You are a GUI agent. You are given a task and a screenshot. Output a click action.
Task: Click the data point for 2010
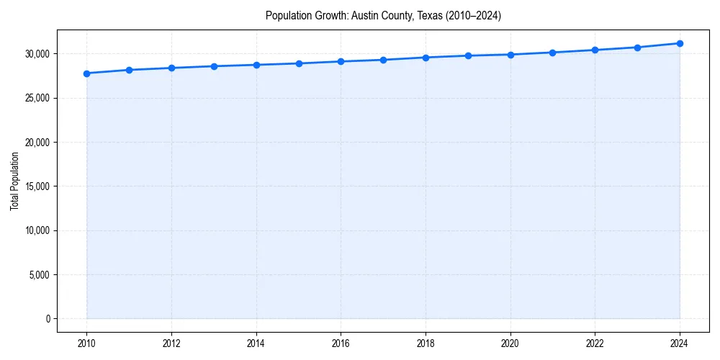point(86,73)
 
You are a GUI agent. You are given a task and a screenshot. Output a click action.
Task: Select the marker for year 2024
point(680,43)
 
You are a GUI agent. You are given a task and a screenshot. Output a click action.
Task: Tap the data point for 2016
point(341,61)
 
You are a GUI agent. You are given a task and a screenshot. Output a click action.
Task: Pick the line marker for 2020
point(510,55)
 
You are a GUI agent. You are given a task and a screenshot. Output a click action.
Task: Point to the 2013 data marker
point(214,66)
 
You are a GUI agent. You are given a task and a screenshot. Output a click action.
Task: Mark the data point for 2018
point(426,58)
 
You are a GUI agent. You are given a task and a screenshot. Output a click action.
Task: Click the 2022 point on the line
point(595,50)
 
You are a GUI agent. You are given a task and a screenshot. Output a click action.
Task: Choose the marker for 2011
point(129,70)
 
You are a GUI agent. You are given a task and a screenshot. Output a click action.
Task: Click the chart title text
point(383,15)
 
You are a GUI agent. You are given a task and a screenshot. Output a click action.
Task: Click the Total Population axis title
point(14,181)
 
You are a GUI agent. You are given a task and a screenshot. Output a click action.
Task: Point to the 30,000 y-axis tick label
point(37,54)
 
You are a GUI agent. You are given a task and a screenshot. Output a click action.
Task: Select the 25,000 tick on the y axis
point(37,98)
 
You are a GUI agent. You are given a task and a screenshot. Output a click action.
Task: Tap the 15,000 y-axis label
point(37,186)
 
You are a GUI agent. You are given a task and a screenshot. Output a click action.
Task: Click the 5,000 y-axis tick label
point(39,274)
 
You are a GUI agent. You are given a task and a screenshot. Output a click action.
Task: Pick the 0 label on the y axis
point(48,318)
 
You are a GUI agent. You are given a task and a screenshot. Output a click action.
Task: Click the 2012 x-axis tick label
point(171,343)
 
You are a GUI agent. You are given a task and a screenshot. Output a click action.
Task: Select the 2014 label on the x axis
point(256,343)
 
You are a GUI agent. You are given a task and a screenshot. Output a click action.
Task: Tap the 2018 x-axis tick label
point(426,343)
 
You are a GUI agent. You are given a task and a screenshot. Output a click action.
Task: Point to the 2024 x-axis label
point(680,343)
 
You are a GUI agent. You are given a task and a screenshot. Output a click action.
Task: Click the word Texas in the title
point(433,15)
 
